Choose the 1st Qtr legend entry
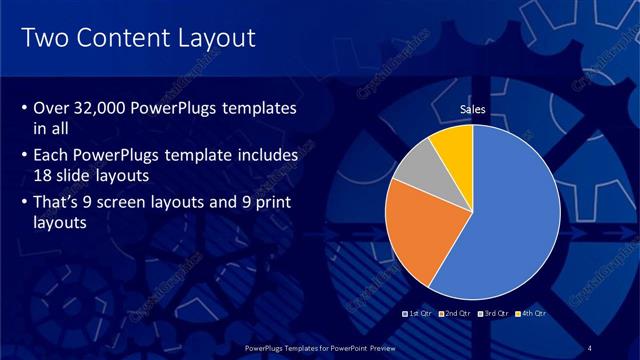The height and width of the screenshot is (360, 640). [x=418, y=314]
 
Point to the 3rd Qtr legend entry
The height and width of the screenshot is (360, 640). [x=494, y=314]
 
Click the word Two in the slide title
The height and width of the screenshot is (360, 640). [x=44, y=39]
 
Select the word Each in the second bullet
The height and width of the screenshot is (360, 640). [x=53, y=156]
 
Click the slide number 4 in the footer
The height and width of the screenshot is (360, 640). [x=592, y=347]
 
